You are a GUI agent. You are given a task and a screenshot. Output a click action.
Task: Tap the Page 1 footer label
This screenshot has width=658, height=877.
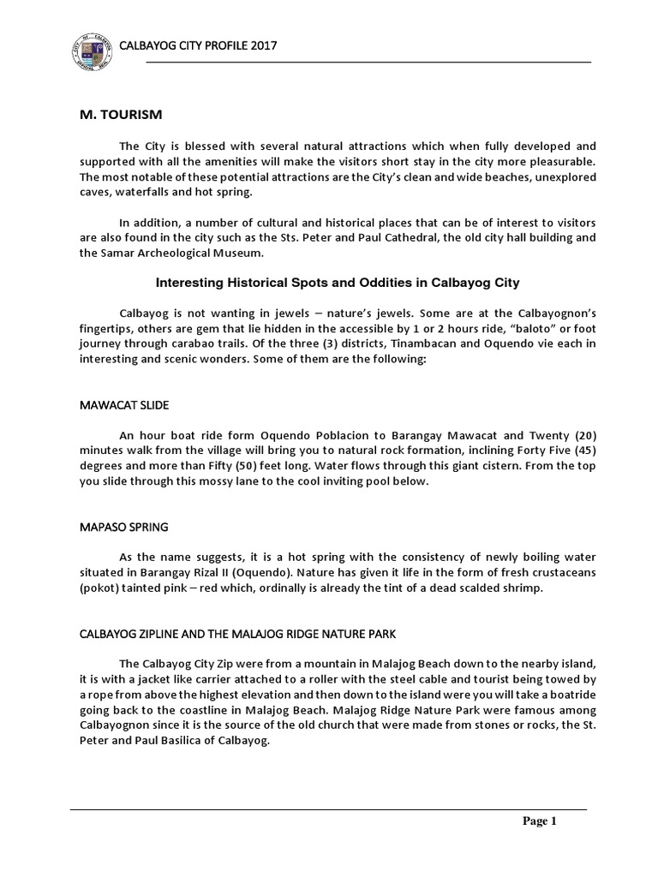tap(541, 822)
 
